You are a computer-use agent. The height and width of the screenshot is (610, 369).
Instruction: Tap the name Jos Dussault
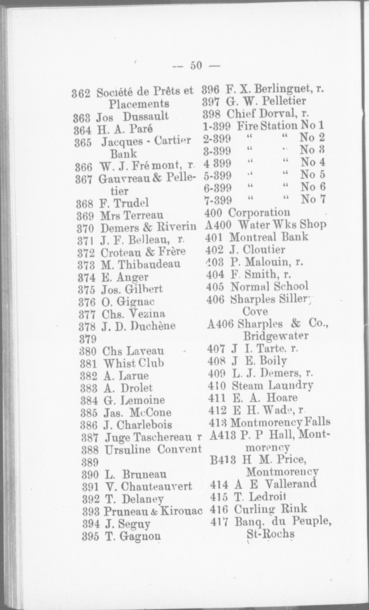pyautogui.click(x=132, y=116)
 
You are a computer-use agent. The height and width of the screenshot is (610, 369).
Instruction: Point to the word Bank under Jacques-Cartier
pyautogui.click(x=123, y=154)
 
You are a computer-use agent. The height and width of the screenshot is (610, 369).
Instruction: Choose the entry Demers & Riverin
pyautogui.click(x=148, y=227)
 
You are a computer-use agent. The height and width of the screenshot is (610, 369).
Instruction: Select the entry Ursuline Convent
pyautogui.click(x=153, y=449)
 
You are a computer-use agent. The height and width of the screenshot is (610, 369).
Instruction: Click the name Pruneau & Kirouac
pyautogui.click(x=153, y=511)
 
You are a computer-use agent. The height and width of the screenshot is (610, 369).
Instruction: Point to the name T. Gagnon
pyautogui.click(x=133, y=536)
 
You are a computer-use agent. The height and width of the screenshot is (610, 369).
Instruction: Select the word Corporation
pyautogui.click(x=259, y=212)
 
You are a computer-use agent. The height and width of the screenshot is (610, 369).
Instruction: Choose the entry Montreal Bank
pyautogui.click(x=269, y=237)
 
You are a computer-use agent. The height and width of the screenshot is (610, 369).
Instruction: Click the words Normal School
pyautogui.click(x=269, y=286)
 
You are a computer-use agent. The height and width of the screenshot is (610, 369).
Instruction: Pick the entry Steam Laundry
pyautogui.click(x=272, y=385)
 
